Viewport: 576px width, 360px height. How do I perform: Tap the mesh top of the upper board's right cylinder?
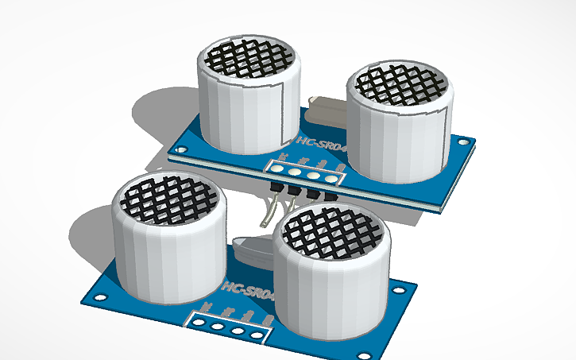click(404, 86)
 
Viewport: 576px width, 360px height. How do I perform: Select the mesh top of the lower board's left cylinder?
click(167, 199)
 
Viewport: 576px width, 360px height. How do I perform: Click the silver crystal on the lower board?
click(253, 253)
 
